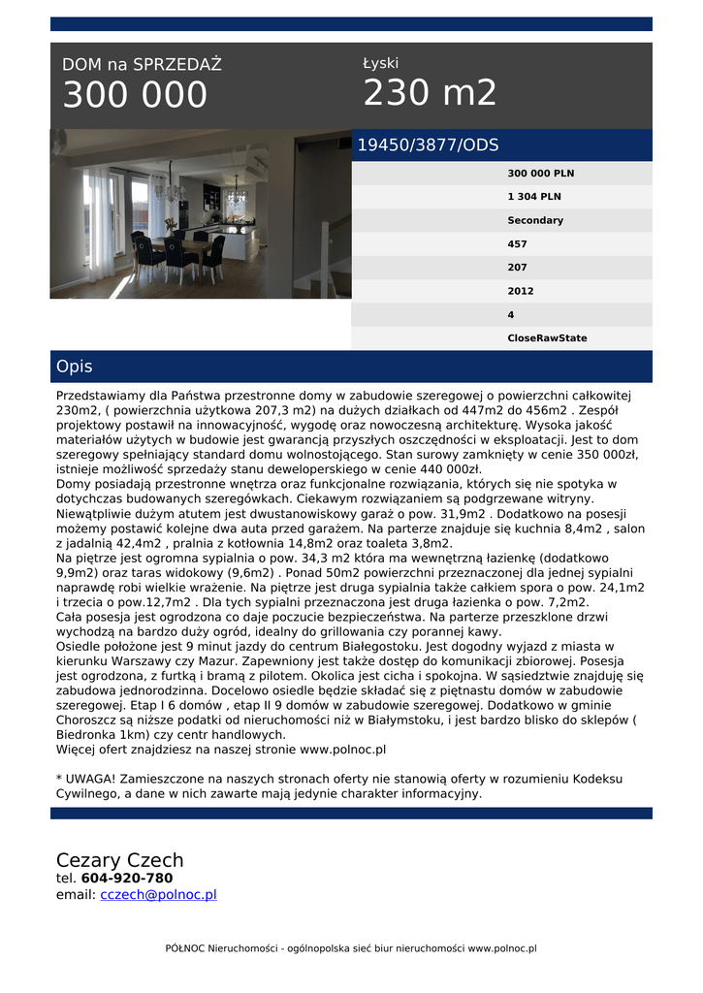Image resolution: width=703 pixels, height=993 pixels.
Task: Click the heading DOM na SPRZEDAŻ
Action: (142, 65)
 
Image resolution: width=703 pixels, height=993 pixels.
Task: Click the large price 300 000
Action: (135, 96)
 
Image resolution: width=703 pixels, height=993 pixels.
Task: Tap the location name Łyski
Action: (380, 63)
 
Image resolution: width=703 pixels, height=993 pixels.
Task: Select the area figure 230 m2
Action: (430, 93)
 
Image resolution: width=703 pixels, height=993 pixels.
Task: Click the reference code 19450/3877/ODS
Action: (428, 145)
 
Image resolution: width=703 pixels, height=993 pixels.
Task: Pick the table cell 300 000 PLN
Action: (540, 174)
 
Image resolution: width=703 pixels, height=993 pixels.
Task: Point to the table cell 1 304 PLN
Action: (533, 197)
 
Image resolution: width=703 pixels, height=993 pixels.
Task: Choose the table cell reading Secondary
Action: (534, 220)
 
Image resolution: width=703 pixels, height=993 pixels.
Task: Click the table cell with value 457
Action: (518, 244)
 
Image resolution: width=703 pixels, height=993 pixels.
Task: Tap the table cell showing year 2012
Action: (520, 291)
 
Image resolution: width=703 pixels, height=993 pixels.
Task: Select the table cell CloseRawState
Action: (547, 338)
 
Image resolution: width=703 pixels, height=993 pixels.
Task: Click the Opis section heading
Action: (75, 368)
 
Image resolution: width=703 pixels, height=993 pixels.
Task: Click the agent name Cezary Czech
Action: (119, 861)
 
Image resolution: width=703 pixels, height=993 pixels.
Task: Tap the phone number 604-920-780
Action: (127, 879)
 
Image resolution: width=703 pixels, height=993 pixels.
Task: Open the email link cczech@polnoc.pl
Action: (158, 895)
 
